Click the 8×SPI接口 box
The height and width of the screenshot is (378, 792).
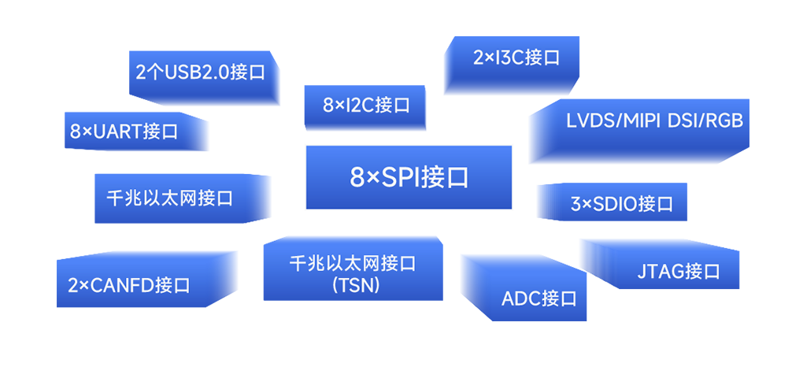(x=409, y=177)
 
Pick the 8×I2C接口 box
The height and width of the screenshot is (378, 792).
(x=365, y=107)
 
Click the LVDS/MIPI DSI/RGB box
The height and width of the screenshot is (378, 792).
(x=638, y=132)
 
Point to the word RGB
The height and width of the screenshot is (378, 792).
(x=724, y=121)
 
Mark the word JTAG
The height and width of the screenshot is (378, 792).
(x=660, y=272)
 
